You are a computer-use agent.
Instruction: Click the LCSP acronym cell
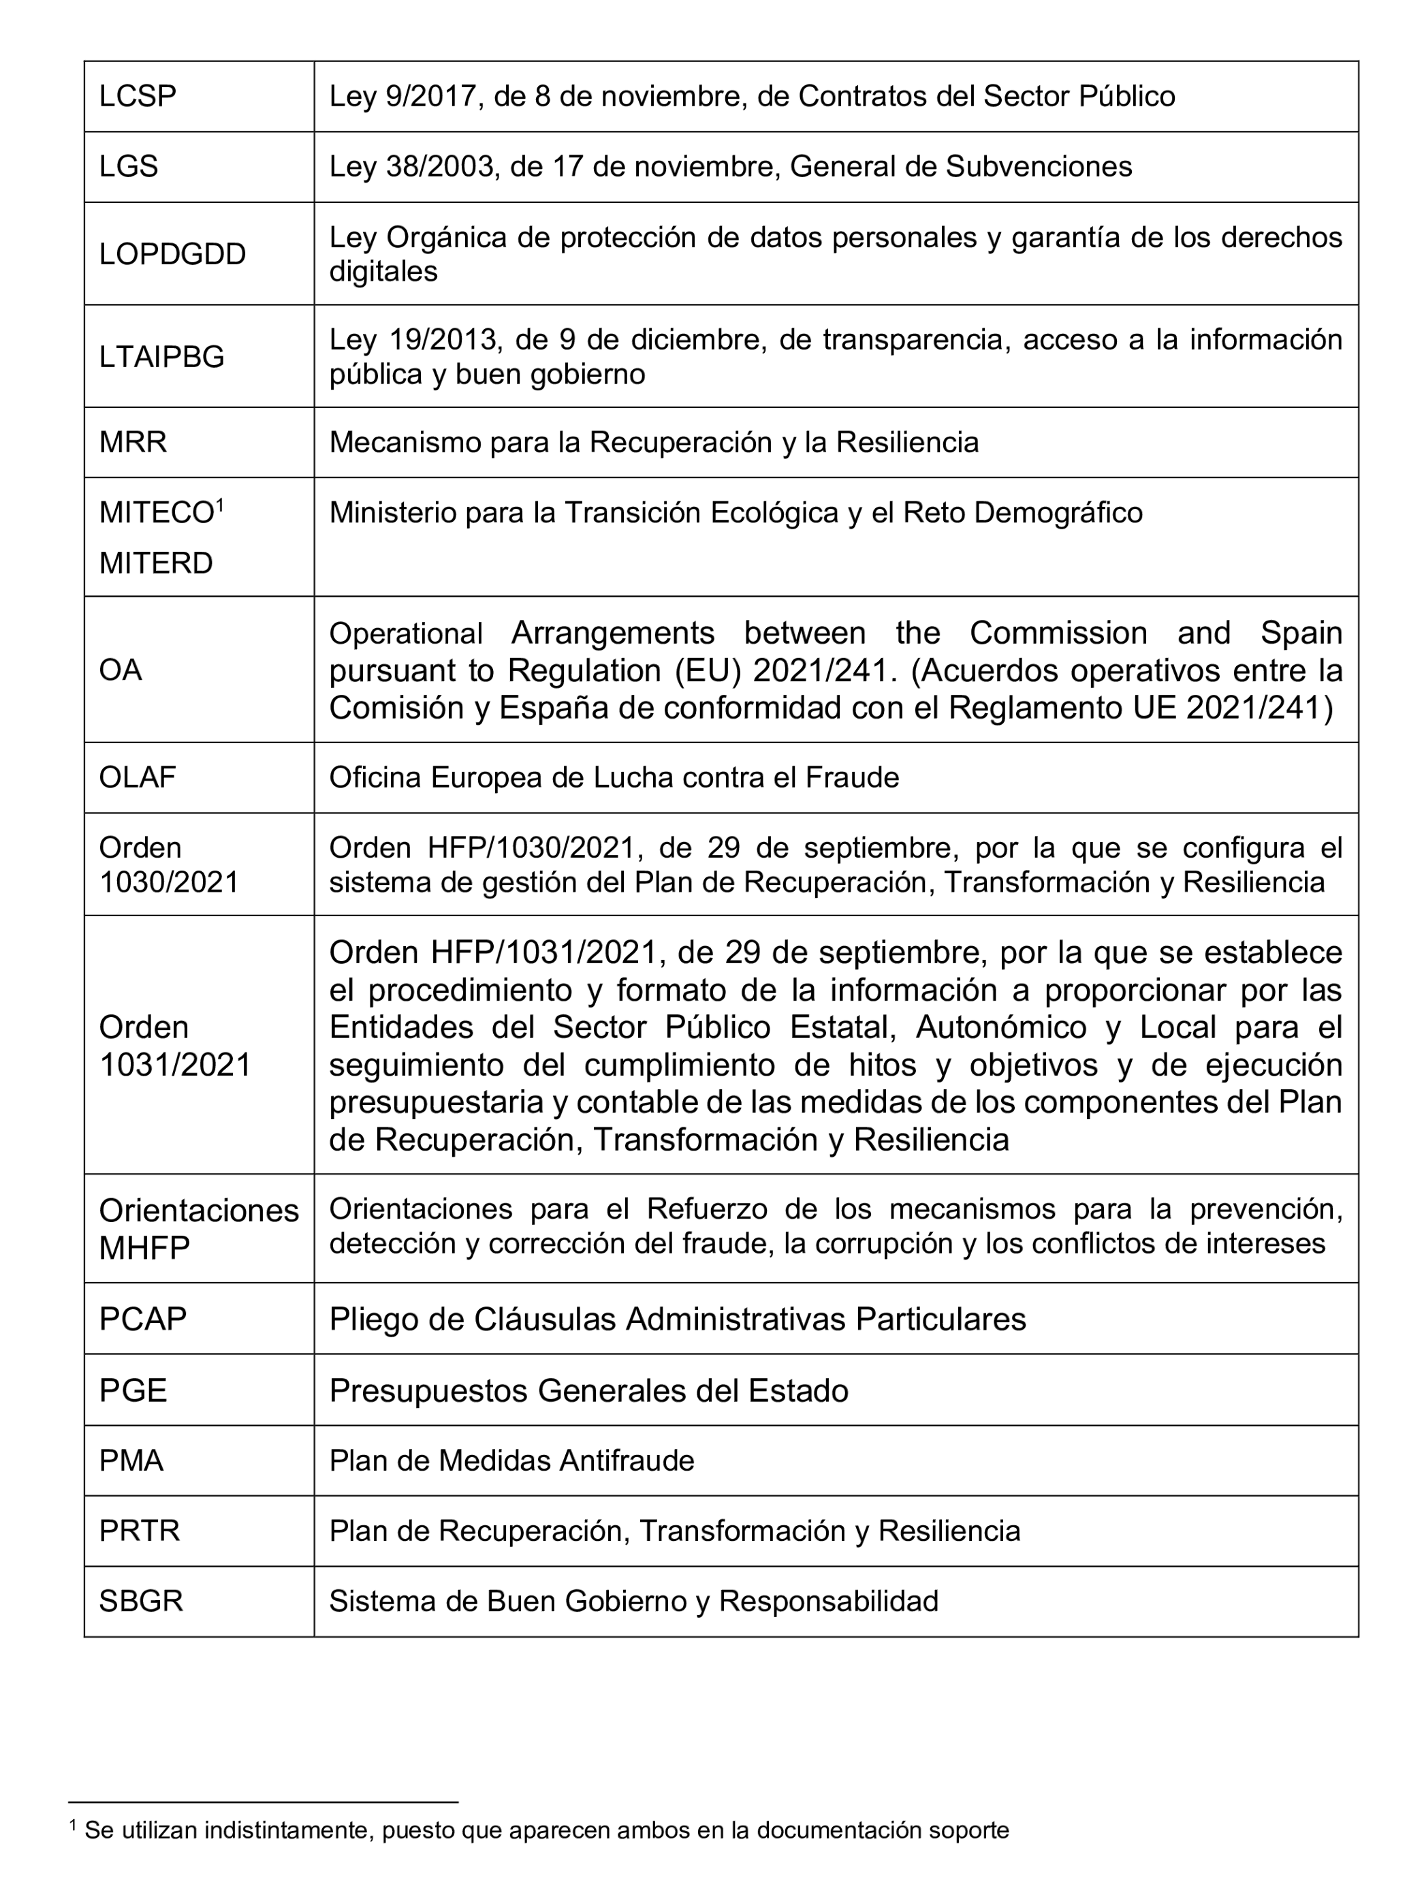pos(138,96)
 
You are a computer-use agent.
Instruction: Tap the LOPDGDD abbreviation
pos(172,254)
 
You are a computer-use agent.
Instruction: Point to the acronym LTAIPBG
pos(161,356)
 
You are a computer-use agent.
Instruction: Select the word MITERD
pos(155,563)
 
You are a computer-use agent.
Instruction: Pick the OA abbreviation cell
pos(120,670)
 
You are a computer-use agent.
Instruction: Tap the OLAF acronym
pos(137,777)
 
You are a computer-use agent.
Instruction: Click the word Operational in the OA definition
pos(406,634)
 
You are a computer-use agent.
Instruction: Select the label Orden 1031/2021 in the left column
pos(174,1046)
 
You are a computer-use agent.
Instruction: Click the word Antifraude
pos(627,1460)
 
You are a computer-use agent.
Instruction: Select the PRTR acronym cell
pos(140,1530)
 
